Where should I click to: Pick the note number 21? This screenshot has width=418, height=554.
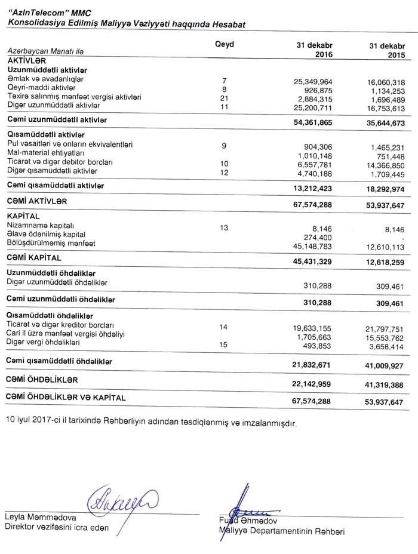click(x=225, y=98)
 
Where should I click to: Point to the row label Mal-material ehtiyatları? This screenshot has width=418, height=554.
click(x=47, y=153)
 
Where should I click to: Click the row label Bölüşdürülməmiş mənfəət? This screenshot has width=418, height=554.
click(x=51, y=244)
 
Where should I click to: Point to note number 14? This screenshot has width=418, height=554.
click(x=224, y=327)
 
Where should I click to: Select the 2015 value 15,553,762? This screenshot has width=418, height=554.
click(x=384, y=337)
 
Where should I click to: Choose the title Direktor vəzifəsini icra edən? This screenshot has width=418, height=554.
click(x=57, y=527)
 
